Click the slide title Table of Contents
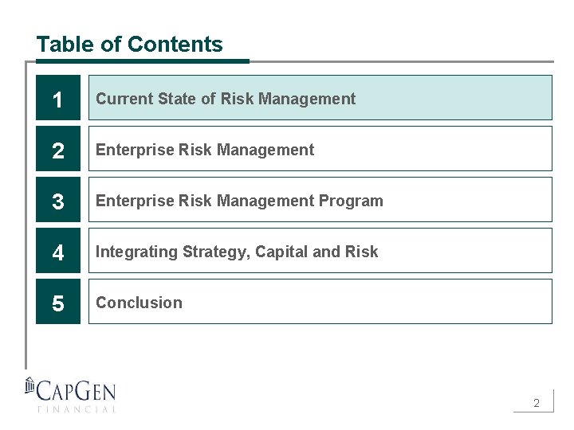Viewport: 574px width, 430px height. [129, 45]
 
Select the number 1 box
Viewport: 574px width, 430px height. [58, 99]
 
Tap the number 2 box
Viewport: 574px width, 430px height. [58, 150]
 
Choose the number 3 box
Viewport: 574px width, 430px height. [58, 201]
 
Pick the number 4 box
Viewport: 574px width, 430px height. [58, 252]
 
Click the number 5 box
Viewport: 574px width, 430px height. [58, 303]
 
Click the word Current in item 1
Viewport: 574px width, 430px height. [124, 99]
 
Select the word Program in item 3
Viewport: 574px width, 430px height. [352, 201]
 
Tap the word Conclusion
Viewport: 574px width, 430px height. [139, 303]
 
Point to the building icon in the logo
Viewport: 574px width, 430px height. [30, 385]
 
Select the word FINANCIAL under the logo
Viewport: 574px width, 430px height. [77, 409]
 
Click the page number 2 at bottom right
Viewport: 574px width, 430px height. [537, 403]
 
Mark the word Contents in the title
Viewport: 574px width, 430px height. [187, 45]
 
